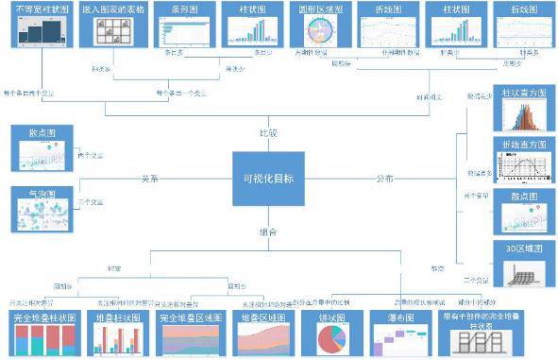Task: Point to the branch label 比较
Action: (269, 133)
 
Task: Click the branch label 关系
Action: (149, 177)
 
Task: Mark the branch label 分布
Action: (383, 178)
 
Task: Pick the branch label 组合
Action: (268, 231)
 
